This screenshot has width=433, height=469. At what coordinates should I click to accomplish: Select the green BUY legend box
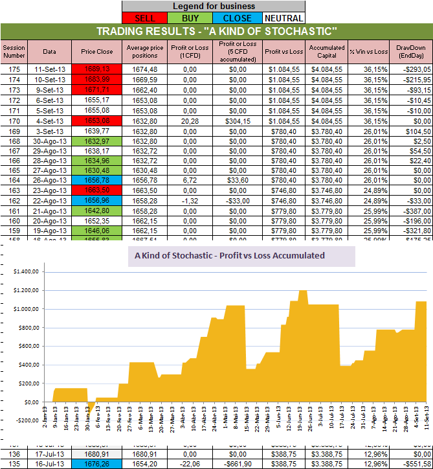point(192,17)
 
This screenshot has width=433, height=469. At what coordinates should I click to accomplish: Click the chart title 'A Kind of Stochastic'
point(229,255)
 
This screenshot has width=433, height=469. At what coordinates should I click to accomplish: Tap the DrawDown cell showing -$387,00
point(415,212)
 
